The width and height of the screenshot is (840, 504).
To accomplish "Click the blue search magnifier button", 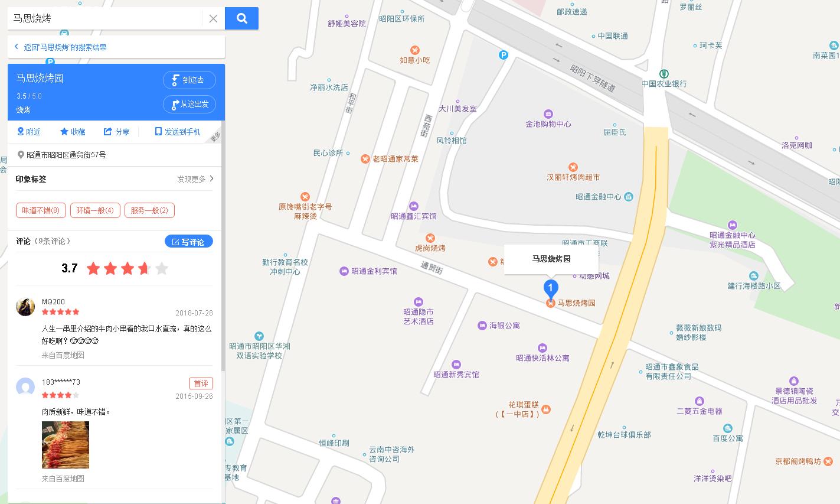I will point(241,18).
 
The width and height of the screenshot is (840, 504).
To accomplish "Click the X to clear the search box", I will point(213,19).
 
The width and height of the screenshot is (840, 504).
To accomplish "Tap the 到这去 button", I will point(189,80).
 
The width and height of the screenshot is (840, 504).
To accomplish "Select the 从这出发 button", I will point(189,105).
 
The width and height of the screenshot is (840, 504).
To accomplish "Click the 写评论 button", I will point(188,242).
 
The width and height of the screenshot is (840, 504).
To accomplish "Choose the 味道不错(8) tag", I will point(41,210).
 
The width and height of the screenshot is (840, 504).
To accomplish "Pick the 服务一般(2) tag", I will point(149,210).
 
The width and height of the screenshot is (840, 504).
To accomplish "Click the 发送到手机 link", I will point(178,132).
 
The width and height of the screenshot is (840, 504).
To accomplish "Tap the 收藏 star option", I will point(73,132).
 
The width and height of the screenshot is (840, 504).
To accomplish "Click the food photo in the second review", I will point(66,444).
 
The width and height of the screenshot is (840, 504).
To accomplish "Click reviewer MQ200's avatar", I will point(25,307).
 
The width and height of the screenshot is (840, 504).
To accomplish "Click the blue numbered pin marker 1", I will point(550,289).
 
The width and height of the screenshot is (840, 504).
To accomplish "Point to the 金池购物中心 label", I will point(548,124).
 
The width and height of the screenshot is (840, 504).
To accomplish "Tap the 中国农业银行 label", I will point(664,84).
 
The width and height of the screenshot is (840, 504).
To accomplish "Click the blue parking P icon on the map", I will point(504,55).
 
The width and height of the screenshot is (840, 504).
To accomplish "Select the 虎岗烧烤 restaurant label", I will point(430,248).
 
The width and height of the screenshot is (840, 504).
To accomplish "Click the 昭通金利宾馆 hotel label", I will point(374,271).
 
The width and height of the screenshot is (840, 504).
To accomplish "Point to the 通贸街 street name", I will point(432,268).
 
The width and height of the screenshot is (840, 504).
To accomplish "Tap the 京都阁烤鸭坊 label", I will point(798,461).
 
